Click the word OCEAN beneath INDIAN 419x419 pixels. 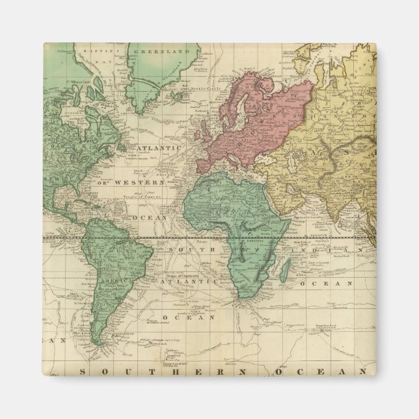point(331,283)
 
